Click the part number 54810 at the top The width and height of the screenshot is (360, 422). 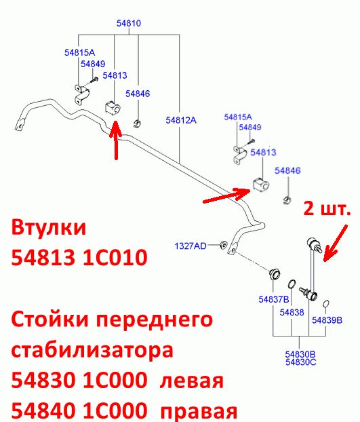point(129,23)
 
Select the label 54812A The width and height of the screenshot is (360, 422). point(181,120)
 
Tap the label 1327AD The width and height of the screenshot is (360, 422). point(191,246)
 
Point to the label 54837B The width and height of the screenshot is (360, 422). point(274,299)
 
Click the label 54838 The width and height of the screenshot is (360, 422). point(292,312)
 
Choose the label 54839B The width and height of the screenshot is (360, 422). point(327,320)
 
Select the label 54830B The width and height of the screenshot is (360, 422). point(300,354)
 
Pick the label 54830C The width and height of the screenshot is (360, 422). point(301,362)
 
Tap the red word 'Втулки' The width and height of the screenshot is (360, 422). point(49,227)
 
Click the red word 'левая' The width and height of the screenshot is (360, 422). point(192,381)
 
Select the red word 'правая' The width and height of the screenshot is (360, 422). point(199,411)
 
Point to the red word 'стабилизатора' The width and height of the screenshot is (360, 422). point(92,350)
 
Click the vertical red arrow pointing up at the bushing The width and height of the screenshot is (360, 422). point(116,140)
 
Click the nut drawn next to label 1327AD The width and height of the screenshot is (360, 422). point(223,245)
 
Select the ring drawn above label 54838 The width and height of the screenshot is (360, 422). point(292,284)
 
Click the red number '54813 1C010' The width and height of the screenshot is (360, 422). point(79,257)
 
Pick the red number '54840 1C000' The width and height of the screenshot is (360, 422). point(79,411)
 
